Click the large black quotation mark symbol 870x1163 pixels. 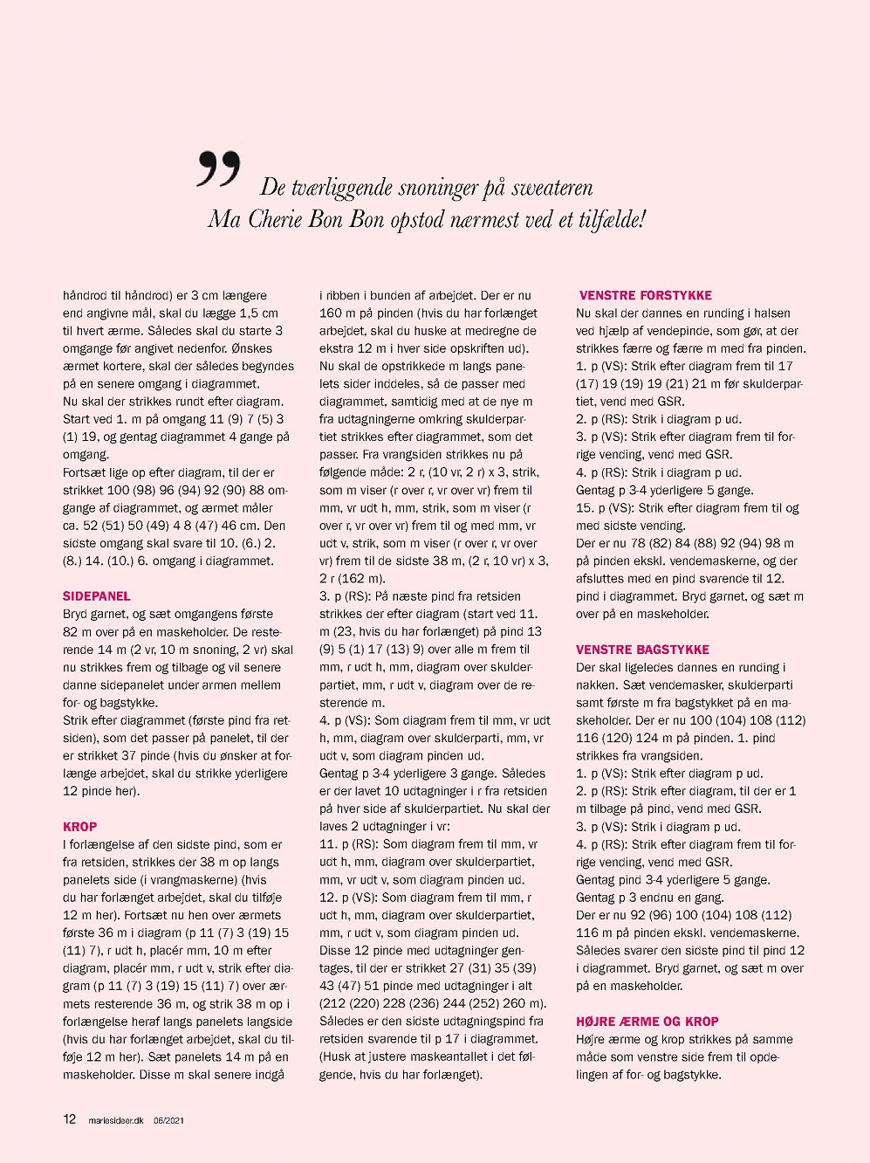click(x=218, y=169)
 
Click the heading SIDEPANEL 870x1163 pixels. click(x=97, y=596)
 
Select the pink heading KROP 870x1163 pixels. click(x=80, y=827)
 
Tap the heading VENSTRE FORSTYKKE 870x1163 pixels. click(x=646, y=296)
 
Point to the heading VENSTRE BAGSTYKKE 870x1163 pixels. click(x=642, y=650)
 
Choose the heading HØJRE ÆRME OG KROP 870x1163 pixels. click(x=647, y=1022)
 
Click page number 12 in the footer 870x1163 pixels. click(x=70, y=1119)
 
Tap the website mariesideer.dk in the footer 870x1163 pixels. click(x=116, y=1120)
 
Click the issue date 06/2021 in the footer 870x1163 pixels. click(x=168, y=1120)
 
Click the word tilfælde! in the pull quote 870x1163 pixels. click(x=613, y=219)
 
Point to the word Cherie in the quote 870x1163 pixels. click(x=279, y=219)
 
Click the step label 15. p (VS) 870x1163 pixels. click(x=605, y=508)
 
